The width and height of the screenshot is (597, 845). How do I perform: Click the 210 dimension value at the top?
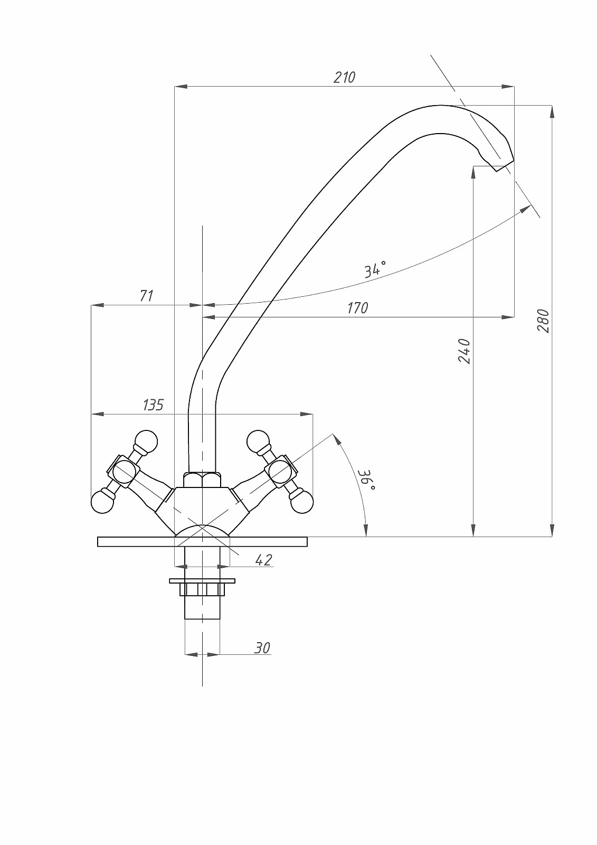point(345,77)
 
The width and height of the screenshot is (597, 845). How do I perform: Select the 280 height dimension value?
point(543,321)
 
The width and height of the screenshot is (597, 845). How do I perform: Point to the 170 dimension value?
point(357,307)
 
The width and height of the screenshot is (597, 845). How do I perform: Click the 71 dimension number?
point(146,295)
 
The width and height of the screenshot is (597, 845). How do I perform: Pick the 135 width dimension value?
point(153,405)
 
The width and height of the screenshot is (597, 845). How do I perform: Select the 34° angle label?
point(375,269)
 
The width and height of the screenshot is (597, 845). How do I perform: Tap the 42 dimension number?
point(263,560)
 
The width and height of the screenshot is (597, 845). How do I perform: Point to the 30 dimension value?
point(262,647)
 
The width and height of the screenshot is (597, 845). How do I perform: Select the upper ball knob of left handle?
point(146,442)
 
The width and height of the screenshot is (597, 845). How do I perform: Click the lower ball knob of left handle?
point(102,502)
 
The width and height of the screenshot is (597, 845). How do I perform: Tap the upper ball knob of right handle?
point(258,442)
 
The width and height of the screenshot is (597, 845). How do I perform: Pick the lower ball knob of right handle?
point(301,502)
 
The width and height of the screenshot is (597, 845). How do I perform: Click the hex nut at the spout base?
point(202,480)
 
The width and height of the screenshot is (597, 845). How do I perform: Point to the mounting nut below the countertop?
point(202,589)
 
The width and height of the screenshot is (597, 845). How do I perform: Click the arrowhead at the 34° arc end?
point(526,209)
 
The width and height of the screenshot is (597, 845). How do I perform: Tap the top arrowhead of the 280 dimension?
point(552,111)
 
